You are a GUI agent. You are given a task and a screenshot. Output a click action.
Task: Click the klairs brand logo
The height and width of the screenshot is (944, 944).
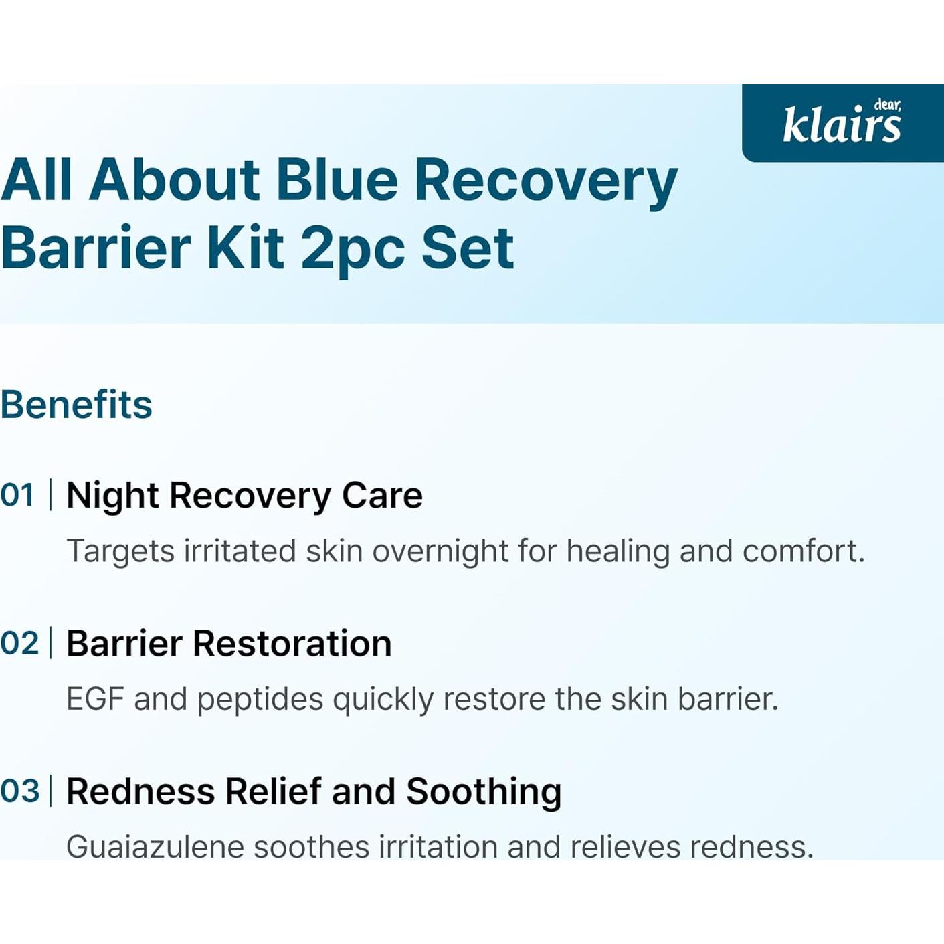[x=842, y=122]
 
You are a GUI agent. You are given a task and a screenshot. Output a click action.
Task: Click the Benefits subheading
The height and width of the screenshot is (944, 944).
[x=76, y=405]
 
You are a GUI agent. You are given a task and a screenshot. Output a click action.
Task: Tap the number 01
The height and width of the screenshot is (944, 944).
[x=17, y=495]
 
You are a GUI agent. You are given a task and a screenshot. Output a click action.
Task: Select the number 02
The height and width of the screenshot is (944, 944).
[x=19, y=643]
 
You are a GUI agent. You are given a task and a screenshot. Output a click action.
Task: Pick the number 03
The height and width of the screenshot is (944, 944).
[x=19, y=791]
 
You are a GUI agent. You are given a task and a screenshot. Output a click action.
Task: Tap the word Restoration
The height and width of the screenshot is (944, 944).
[x=292, y=643]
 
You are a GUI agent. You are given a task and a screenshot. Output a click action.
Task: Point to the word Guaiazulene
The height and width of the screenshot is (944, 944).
[x=155, y=847]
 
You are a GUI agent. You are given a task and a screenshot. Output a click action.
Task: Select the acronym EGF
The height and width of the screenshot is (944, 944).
[x=94, y=699]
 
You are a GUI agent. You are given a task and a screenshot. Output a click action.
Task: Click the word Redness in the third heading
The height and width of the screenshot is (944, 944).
[x=140, y=791]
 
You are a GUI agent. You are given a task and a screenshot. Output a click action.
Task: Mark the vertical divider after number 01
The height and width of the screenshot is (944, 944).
[x=51, y=495]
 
